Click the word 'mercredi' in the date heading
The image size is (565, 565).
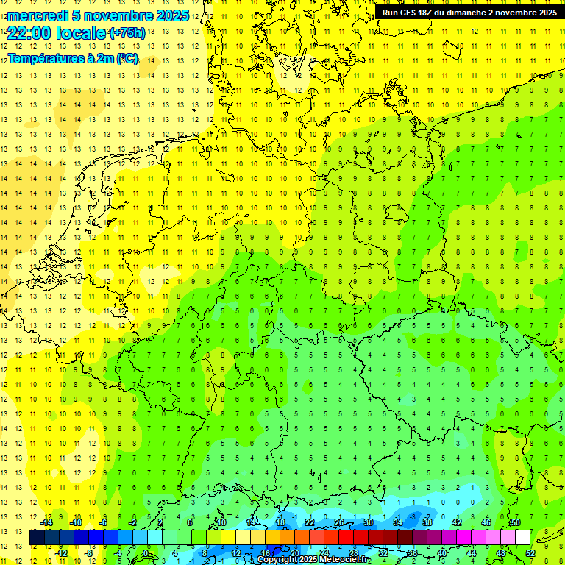[38, 15]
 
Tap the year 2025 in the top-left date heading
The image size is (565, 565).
[172, 15]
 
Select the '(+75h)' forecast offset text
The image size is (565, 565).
[127, 33]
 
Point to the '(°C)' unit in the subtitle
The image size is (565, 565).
[126, 59]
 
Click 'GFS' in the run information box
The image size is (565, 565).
[410, 13]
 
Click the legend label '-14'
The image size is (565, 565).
[47, 522]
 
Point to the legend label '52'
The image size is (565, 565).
[530, 553]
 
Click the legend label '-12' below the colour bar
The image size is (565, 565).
[62, 553]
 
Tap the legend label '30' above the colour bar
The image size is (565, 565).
[369, 522]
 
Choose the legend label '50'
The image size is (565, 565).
[516, 522]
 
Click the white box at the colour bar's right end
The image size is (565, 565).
[522, 538]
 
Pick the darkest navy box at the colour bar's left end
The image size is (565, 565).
[37, 538]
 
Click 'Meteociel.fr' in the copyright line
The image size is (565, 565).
[343, 560]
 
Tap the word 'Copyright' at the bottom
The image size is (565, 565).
[278, 560]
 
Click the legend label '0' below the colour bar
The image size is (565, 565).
[146, 553]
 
